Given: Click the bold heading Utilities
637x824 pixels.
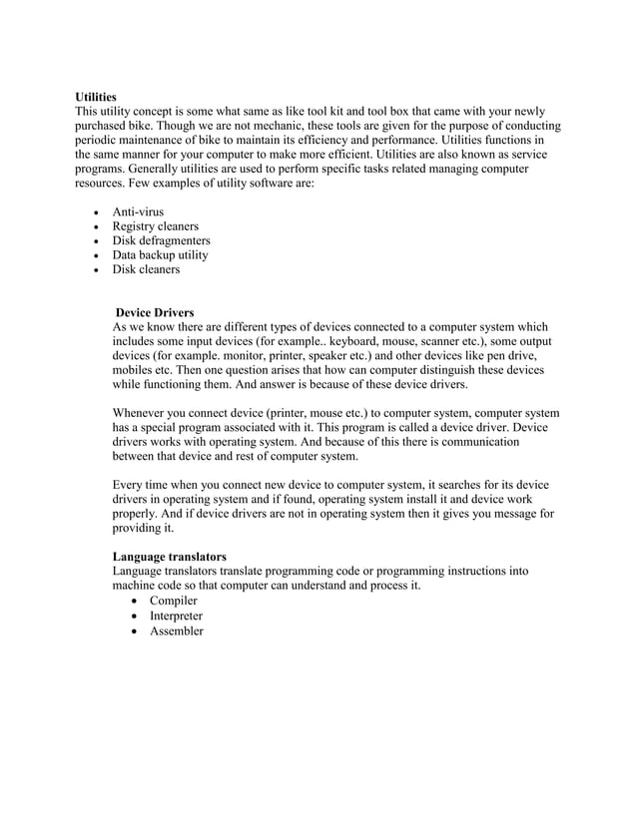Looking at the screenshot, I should coord(96,98).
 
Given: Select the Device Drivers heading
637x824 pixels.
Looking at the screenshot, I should coord(155,312).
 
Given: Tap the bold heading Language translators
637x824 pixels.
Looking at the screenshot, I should coord(169,556).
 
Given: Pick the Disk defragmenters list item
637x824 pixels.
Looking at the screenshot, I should coord(161,240).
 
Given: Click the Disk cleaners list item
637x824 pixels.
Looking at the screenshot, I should coord(146,269).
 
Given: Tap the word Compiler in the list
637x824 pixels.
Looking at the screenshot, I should coord(173,601).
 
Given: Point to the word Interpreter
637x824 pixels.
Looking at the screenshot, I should coord(176,616).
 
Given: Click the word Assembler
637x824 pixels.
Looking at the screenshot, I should coord(176,630).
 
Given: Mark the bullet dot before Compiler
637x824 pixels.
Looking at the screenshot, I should coord(136,602).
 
